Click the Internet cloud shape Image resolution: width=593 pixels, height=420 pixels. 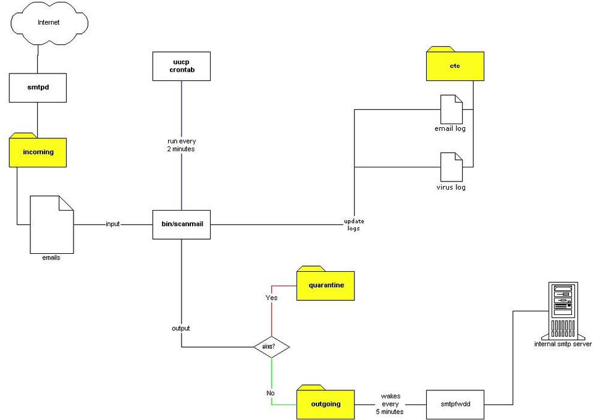pyautogui.click(x=49, y=23)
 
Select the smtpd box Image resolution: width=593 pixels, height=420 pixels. pyautogui.click(x=38, y=88)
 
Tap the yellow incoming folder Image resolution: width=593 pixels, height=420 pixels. pyautogui.click(x=38, y=151)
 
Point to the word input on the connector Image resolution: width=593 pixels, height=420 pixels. pyautogui.click(x=112, y=224)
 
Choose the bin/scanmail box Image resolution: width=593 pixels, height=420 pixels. pyautogui.click(x=182, y=224)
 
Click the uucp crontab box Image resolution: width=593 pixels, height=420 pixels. pyautogui.click(x=182, y=67)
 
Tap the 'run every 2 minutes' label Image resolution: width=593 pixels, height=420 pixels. pyautogui.click(x=182, y=145)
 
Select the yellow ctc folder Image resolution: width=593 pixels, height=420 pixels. pyautogui.click(x=455, y=65)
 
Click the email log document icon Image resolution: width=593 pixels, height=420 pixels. pyautogui.click(x=450, y=109)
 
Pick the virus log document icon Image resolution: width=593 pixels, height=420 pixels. pyautogui.click(x=450, y=166)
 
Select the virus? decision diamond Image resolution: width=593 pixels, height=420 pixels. pyautogui.click(x=272, y=346)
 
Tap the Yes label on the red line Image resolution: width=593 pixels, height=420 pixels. pyautogui.click(x=272, y=298)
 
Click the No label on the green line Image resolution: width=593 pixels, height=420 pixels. pyautogui.click(x=271, y=393)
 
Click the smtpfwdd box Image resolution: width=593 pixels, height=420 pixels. pyautogui.click(x=455, y=405)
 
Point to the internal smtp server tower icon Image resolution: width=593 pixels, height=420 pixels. pyautogui.click(x=563, y=309)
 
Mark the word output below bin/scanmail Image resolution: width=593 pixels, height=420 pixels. pyautogui.click(x=181, y=328)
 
